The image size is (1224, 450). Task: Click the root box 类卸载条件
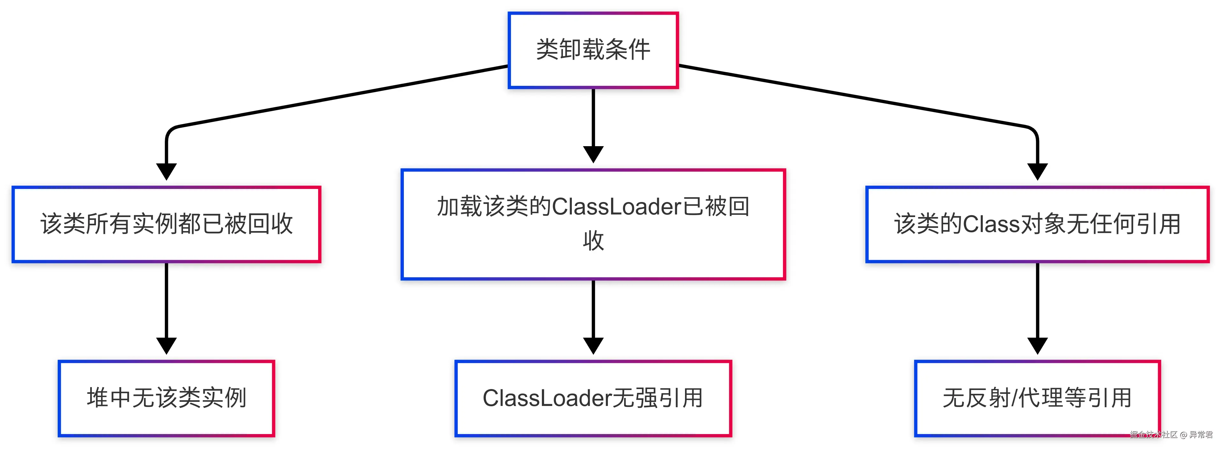(593, 50)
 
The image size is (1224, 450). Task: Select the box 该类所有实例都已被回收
(166, 224)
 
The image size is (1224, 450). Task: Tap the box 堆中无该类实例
(166, 398)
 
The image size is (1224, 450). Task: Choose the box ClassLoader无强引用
(593, 398)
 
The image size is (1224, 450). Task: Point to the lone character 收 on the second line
(593, 241)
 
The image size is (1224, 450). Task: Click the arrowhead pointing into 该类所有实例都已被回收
(166, 171)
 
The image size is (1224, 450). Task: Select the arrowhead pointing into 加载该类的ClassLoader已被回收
(593, 154)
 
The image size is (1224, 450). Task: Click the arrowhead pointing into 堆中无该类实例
(166, 345)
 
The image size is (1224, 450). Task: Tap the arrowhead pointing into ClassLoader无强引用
(593, 345)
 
